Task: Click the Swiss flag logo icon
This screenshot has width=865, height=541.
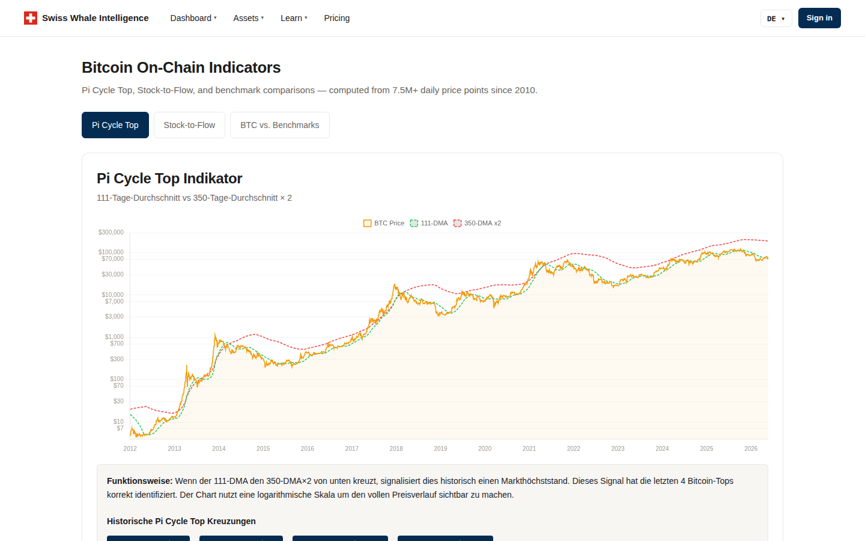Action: point(31,18)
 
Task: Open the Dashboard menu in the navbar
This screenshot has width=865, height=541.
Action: point(193,18)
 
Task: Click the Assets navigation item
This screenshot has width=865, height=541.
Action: point(248,18)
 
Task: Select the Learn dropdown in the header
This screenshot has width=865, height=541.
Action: point(294,18)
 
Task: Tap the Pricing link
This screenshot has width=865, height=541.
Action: point(337,18)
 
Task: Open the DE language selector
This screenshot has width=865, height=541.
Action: point(776,18)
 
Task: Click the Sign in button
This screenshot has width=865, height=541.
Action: point(819,18)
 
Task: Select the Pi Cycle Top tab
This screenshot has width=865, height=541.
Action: point(115,125)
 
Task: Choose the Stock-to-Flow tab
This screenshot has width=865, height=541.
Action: point(189,125)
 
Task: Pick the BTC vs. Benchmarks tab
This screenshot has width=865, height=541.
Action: point(279,125)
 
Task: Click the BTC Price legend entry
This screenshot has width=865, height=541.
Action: point(383,223)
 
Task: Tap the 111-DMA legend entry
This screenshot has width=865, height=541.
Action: point(429,223)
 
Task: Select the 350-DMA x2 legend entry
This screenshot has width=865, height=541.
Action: point(477,223)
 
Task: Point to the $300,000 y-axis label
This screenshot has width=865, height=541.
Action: point(111,232)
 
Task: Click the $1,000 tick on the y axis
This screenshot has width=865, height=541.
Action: point(114,337)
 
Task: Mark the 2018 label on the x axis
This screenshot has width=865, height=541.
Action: point(396,448)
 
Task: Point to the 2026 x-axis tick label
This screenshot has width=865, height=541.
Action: point(751,448)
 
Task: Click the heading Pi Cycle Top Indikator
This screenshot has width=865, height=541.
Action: point(169,179)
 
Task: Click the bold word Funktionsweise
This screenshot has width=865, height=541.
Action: point(140,481)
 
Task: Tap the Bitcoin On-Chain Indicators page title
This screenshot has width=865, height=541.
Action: point(181,67)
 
